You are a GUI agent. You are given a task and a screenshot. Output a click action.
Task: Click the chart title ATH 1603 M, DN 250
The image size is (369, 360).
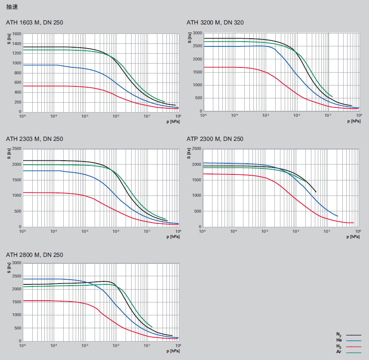tap(34, 22)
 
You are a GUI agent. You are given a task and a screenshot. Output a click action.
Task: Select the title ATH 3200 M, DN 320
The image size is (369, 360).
tap(215, 22)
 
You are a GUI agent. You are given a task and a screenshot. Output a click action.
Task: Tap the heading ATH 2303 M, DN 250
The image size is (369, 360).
tap(34, 139)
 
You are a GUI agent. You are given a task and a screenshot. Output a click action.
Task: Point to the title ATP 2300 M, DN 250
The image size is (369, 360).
tap(215, 139)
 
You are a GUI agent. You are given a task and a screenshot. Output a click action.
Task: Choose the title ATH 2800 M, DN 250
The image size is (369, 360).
tap(34, 255)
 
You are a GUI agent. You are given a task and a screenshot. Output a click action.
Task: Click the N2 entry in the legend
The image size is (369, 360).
tap(339, 334)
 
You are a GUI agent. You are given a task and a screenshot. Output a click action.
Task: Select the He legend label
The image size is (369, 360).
tap(339, 340)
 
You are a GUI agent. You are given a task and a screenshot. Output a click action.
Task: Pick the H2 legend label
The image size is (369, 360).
tap(339, 346)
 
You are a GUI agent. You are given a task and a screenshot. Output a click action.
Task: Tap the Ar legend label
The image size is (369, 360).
tap(339, 352)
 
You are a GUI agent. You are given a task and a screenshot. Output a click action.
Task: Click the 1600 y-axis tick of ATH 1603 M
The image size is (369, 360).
tap(16, 34)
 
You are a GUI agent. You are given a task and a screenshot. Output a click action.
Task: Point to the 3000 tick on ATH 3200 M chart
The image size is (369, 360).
tap(197, 33)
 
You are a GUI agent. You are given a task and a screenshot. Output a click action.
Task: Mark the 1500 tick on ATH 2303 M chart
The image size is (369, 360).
tap(16, 180)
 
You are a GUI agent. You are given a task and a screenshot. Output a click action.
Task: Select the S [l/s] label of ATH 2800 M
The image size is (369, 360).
tap(9, 268)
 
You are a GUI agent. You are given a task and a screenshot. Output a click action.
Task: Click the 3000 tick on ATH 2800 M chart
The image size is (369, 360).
tap(16, 263)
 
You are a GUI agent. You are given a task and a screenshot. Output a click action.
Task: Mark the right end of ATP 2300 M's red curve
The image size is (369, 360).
tap(353, 223)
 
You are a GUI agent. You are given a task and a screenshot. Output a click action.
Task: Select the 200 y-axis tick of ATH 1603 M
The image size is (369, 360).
tap(18, 102)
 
